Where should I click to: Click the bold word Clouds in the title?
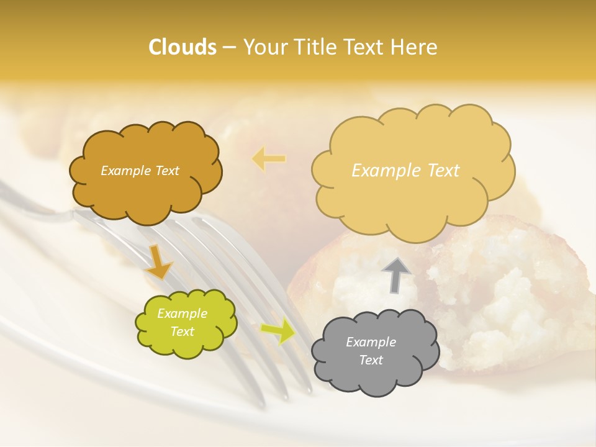coord(183,47)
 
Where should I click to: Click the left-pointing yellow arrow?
coord(269,159)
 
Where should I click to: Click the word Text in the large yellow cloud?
coord(438,171)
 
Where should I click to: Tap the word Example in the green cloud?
coord(182,314)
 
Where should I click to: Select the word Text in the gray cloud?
coord(371,360)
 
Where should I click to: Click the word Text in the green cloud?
coord(182,332)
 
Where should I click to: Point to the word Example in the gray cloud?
coord(371,342)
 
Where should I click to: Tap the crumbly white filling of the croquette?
coord(509,279)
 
